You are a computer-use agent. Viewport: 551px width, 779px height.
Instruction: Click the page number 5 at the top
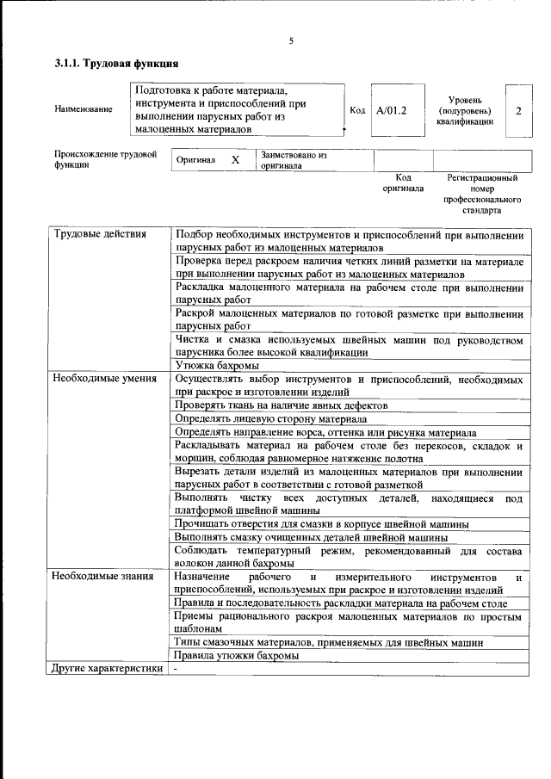(291, 40)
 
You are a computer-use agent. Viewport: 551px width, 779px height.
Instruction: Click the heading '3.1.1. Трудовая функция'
(116, 63)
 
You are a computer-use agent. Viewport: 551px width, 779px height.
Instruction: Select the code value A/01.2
(391, 110)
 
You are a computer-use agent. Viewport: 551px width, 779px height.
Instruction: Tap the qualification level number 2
(518, 110)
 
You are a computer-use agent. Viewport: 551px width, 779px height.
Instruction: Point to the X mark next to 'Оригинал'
(235, 160)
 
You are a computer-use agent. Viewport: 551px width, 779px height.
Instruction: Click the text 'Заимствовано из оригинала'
(294, 161)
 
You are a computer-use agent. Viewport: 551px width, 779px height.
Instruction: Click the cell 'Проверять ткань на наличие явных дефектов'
(281, 405)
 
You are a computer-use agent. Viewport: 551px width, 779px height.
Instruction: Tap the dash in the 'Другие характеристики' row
(175, 668)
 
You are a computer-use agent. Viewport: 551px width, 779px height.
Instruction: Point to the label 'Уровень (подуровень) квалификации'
(465, 110)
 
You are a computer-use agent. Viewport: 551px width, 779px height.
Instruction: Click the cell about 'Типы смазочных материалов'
(327, 641)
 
